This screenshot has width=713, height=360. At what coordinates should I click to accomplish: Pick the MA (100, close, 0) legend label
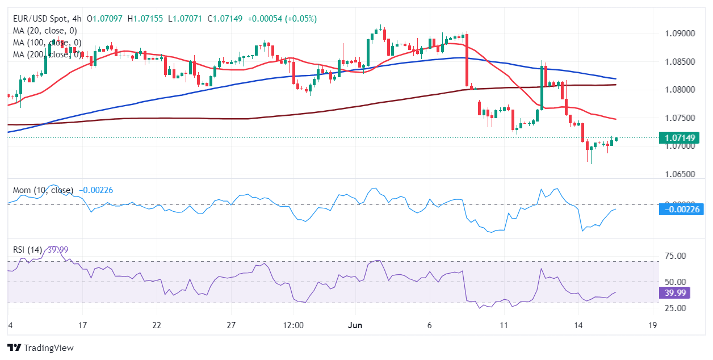point(47,43)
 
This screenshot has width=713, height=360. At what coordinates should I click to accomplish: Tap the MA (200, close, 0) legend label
point(47,55)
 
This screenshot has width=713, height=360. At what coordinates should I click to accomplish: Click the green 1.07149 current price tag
point(678,137)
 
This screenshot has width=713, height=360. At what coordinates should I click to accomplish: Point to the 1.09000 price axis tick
point(680,34)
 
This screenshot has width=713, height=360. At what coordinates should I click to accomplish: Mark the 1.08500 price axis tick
point(680,61)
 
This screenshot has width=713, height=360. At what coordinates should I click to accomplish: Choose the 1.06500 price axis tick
point(680,174)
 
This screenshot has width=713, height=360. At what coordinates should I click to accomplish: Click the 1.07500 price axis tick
point(680,118)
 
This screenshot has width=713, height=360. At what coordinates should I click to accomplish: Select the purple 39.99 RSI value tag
point(675,292)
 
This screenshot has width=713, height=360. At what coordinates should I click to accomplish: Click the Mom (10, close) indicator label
point(43,190)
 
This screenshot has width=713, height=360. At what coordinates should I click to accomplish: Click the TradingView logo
point(40,348)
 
